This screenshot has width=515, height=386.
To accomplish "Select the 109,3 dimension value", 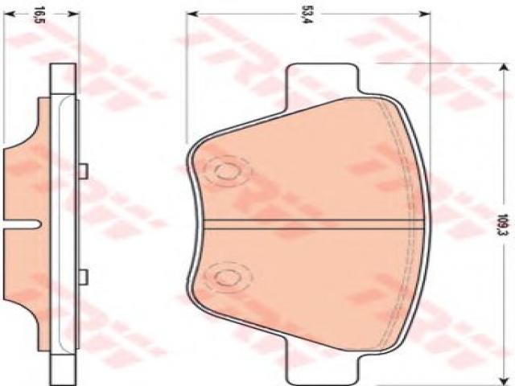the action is pos(502,224).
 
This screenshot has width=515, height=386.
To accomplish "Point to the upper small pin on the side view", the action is pos(84,171).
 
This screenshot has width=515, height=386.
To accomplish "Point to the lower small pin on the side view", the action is pos(84,277).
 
